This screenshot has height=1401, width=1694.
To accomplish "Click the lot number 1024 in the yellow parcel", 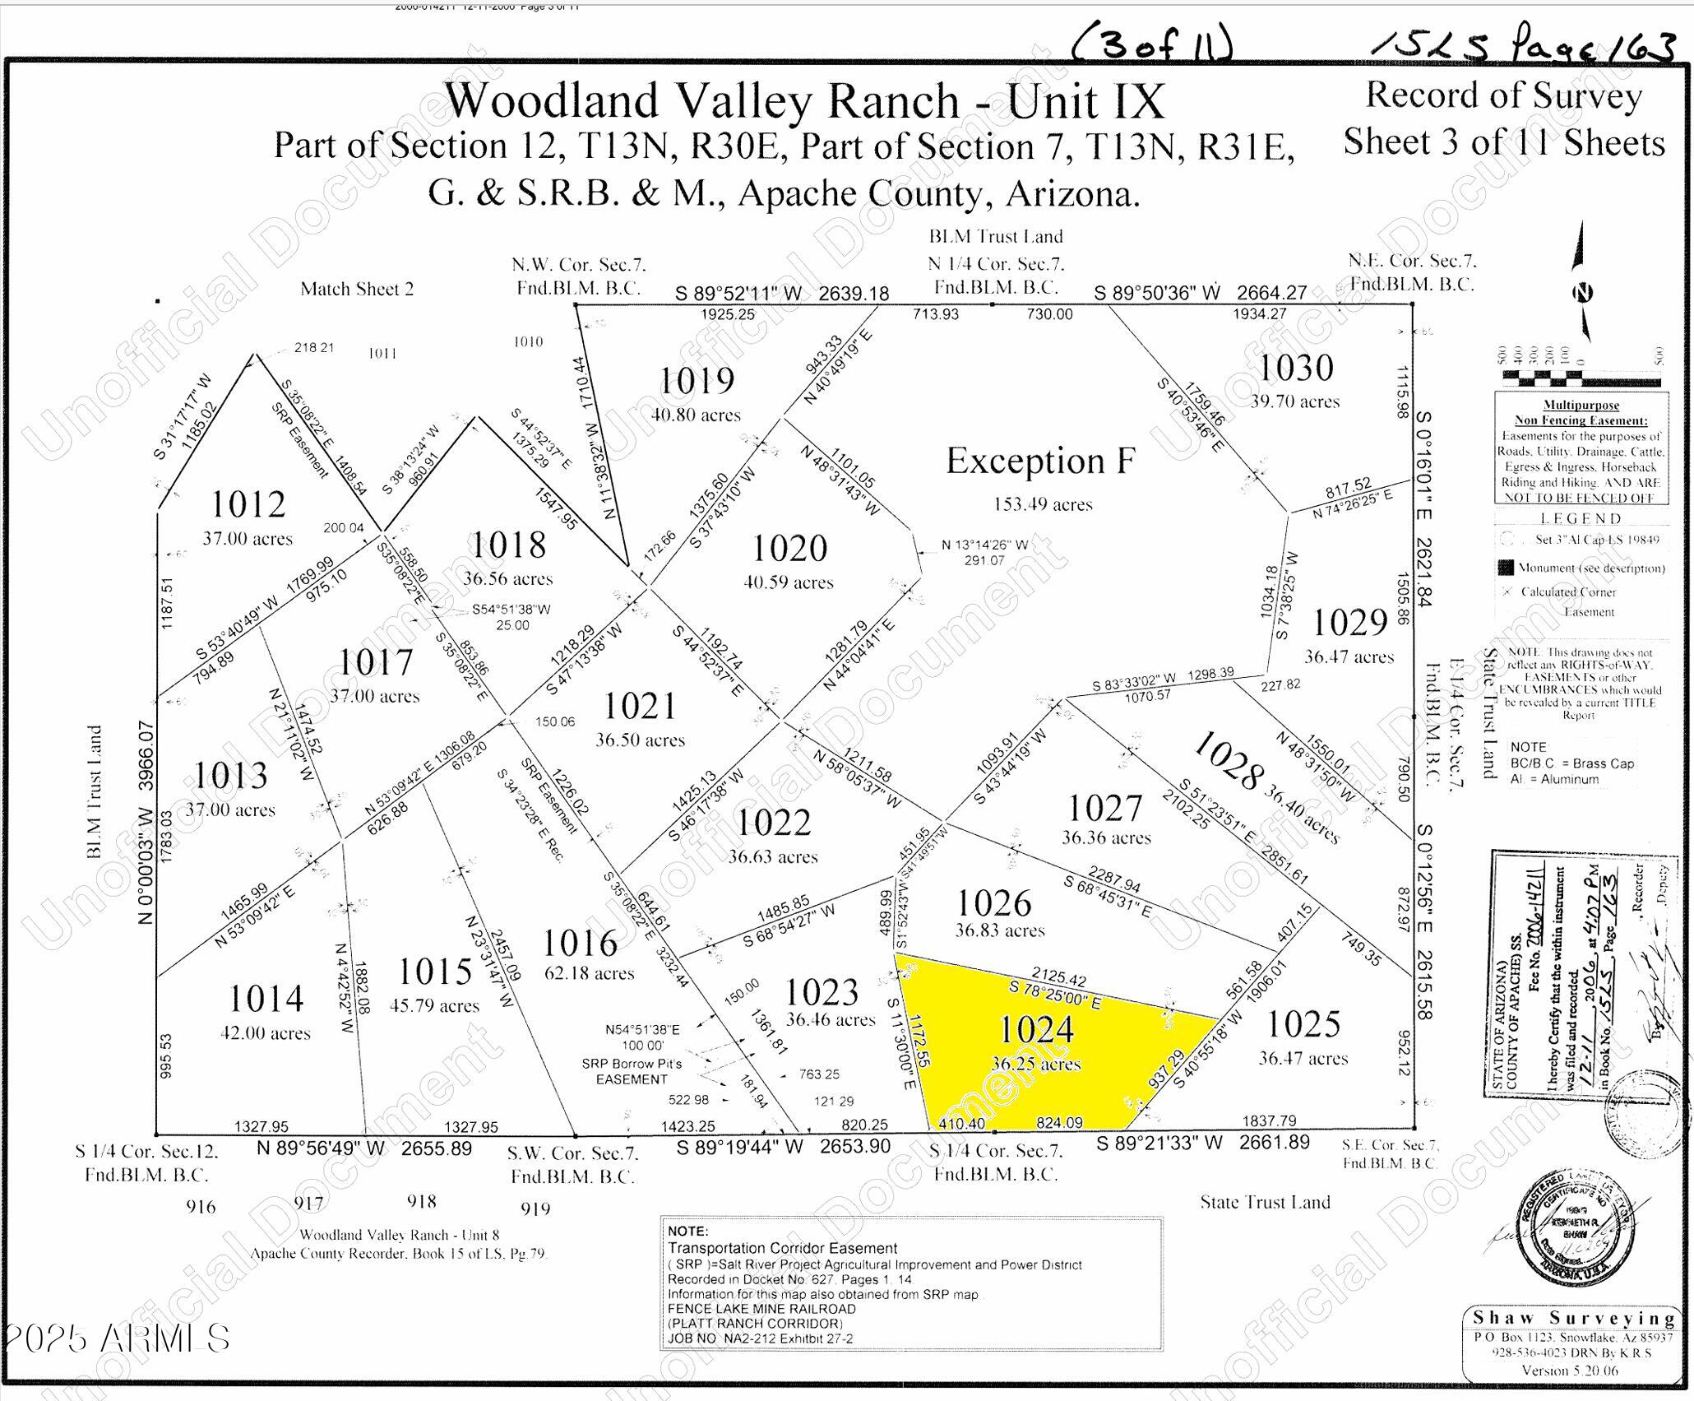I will coord(1035,1029).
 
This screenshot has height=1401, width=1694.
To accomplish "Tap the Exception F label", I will coord(1040,461).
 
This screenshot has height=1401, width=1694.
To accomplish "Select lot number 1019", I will coord(697,381).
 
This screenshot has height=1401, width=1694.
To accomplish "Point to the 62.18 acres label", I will coord(589,973).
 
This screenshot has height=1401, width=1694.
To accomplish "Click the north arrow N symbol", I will coord(1582,292).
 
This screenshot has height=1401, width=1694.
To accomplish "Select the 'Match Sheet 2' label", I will coord(357,289).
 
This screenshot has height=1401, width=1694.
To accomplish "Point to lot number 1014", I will coord(266,999).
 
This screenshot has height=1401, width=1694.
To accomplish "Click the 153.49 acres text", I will coord(1043,504).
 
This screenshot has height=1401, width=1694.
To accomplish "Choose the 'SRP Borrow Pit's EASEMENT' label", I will coord(632,1071).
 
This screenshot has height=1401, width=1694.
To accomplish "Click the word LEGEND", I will coord(1581,518).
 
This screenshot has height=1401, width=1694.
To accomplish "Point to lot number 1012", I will coord(248,503).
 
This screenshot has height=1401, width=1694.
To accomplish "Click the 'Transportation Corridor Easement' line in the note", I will coord(782,1249).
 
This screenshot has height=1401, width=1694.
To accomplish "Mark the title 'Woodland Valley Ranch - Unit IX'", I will coord(804,101).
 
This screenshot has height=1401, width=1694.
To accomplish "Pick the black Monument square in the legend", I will coord(1506,568).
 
